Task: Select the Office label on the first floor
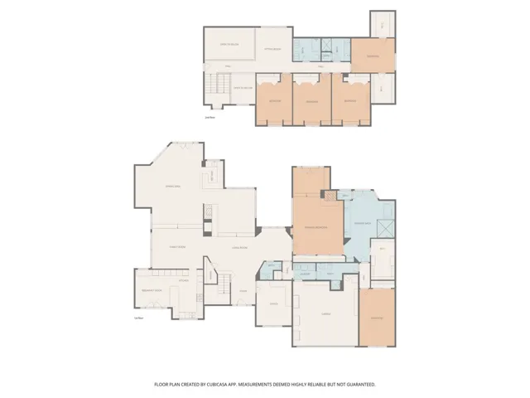(x=273, y=304)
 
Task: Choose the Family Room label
(x=177, y=247)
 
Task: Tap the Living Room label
(x=240, y=247)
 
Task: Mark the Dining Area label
(x=173, y=186)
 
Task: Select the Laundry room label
(x=305, y=274)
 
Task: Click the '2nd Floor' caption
(x=210, y=118)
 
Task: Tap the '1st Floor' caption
(x=139, y=319)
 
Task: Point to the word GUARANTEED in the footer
(x=358, y=385)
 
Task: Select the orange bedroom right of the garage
(x=377, y=318)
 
